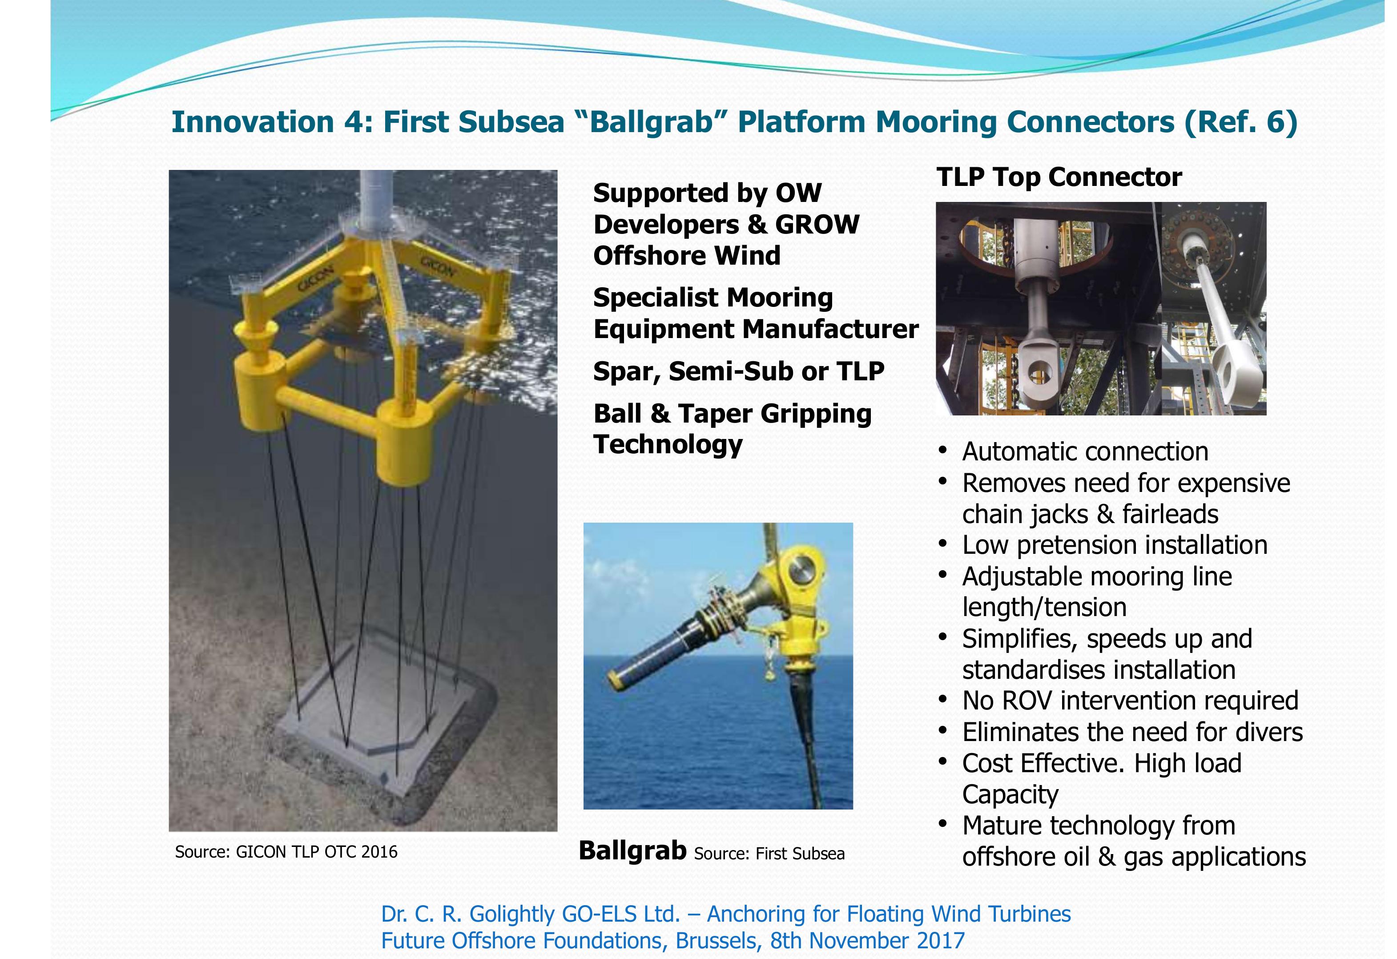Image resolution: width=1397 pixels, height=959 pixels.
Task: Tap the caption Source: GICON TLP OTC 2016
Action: point(286,852)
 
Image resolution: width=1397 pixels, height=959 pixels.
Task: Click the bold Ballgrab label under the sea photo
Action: point(632,851)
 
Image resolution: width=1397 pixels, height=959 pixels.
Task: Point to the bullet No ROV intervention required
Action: point(1130,701)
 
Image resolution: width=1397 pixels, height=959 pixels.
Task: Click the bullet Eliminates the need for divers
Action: point(1132,732)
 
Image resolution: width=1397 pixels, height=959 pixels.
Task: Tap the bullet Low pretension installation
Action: point(1115,545)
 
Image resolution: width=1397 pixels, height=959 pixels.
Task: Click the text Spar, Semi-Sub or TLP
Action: point(738,371)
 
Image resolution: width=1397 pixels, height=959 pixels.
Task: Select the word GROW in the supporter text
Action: point(817,224)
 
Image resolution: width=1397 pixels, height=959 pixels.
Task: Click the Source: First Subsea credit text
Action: point(769,854)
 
